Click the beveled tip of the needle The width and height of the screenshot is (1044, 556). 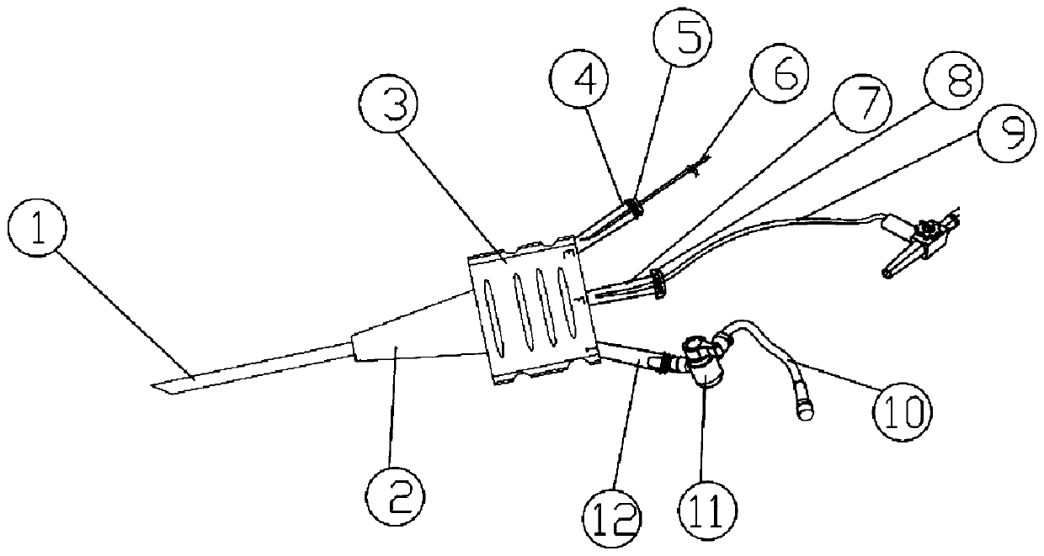tap(164, 387)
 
